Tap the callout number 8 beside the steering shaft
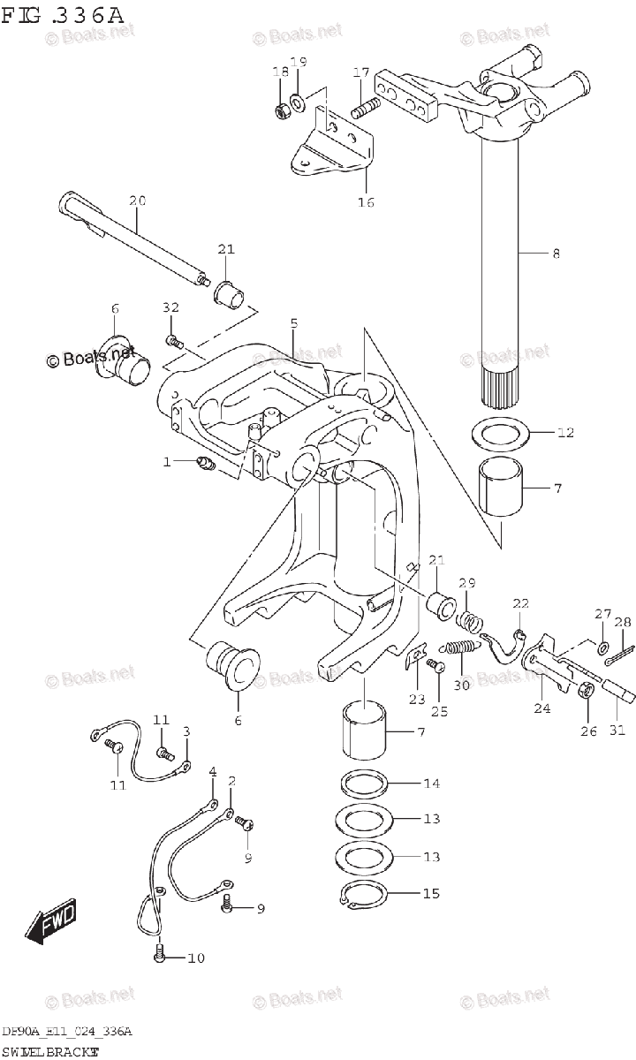point(555,254)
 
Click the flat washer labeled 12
point(501,434)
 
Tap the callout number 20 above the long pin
point(136,201)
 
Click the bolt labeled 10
point(159,956)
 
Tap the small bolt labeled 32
point(173,339)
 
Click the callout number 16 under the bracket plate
point(365,202)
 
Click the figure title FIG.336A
point(64,15)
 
